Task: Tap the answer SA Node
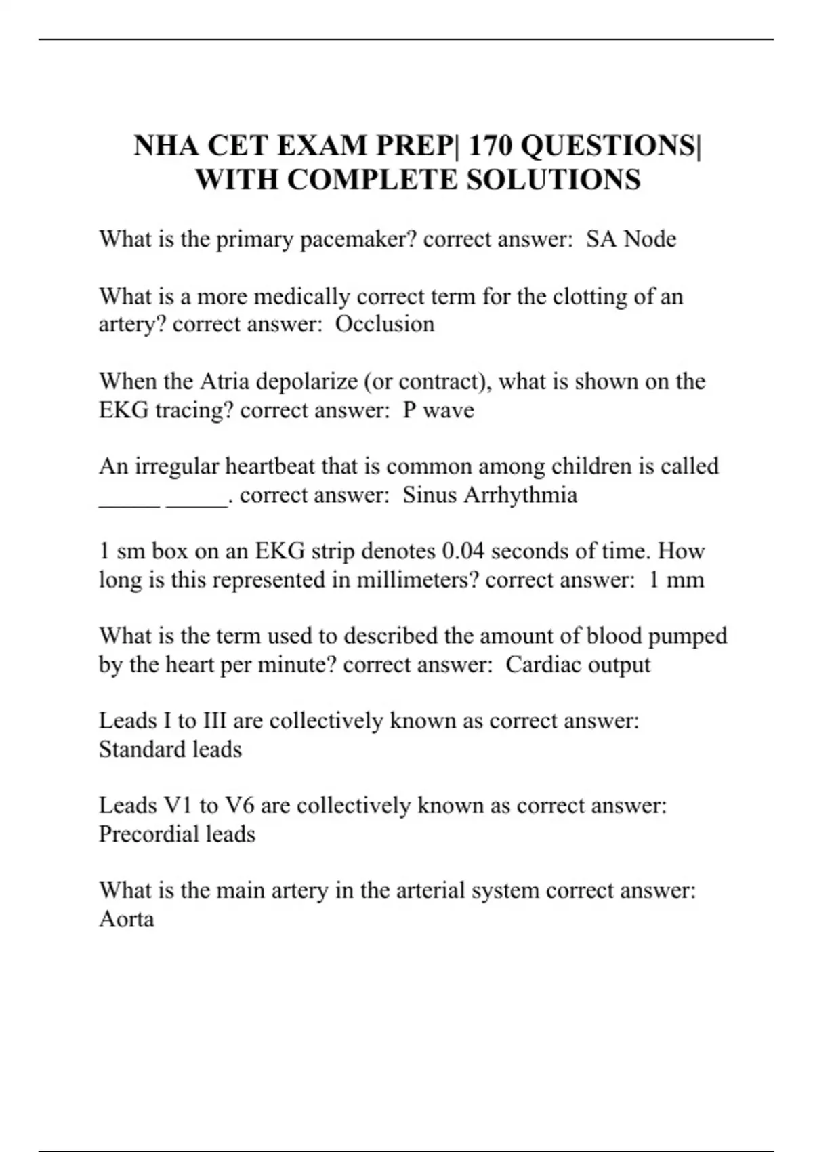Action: click(631, 239)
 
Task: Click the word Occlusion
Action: click(385, 325)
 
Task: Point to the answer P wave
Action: click(438, 410)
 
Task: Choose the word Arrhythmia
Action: click(520, 495)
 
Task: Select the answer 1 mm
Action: click(676, 580)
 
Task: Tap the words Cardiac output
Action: click(578, 665)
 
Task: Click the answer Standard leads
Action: click(170, 749)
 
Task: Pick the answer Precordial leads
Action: click(177, 834)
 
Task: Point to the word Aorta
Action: click(127, 919)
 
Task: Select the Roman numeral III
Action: click(214, 720)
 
